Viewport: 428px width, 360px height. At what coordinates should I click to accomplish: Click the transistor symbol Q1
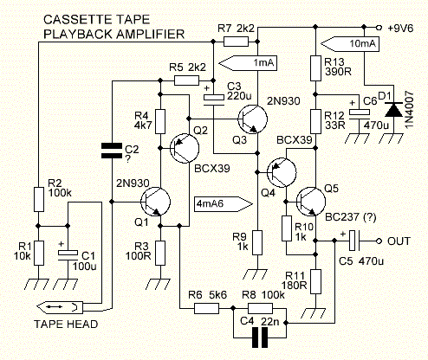coord(155,202)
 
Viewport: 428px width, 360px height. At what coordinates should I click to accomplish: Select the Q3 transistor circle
coord(253,119)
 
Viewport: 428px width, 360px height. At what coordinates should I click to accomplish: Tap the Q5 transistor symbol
coord(311,202)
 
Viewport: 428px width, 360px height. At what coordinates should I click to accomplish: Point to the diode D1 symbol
coord(394,110)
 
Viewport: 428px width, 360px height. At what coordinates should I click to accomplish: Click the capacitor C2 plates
coord(112,151)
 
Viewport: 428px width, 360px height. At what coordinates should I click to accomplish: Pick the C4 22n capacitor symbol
coord(260,337)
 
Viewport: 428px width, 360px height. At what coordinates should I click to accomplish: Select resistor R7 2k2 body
coord(236,42)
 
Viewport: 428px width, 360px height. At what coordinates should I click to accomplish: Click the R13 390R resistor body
coord(315,68)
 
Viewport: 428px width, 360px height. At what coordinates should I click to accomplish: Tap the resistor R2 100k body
coord(39,199)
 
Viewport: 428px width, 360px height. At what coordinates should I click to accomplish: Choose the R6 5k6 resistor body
coord(206,308)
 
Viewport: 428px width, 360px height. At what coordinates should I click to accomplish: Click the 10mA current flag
coord(350,44)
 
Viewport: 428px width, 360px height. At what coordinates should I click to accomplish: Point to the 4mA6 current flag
coord(224,204)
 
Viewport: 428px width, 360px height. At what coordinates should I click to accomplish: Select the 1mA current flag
coord(248,63)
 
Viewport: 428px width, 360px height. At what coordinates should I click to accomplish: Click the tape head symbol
coord(61,307)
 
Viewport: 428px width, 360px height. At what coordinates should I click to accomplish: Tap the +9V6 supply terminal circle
coord(379,28)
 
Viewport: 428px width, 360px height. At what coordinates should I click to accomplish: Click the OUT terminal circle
coord(379,241)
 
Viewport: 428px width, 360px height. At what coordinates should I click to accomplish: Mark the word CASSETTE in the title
coord(77,20)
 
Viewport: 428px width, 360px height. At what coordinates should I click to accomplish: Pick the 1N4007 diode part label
coord(410,109)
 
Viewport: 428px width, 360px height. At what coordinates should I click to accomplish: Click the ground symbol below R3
coord(158,284)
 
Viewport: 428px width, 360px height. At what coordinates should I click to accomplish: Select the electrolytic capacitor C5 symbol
coord(353,241)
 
